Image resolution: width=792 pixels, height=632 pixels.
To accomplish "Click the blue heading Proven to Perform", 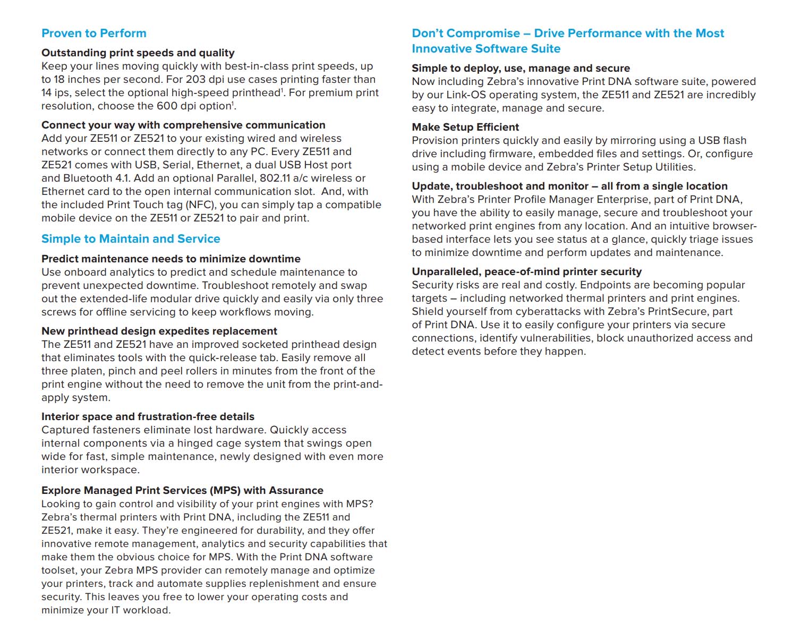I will click(x=93, y=33).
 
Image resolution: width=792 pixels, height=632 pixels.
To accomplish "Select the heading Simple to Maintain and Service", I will click(x=131, y=239).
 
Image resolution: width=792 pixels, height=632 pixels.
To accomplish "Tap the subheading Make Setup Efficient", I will click(x=465, y=127).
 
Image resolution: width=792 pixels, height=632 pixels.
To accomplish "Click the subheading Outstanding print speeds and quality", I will click(x=138, y=53).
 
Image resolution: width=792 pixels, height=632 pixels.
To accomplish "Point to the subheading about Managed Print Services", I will click(x=182, y=491).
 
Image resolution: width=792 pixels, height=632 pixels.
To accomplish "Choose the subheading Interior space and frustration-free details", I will click(x=148, y=417).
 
